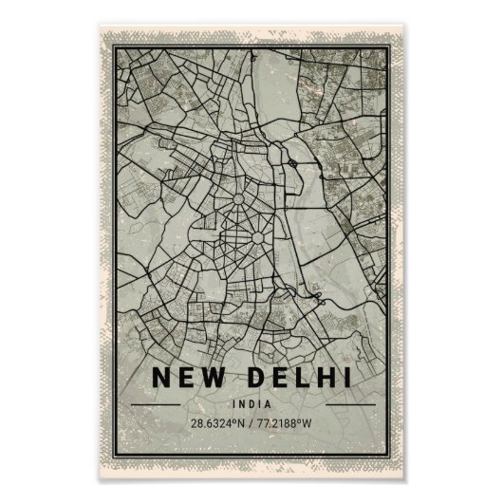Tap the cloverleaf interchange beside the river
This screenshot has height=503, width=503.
tap(296, 163)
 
